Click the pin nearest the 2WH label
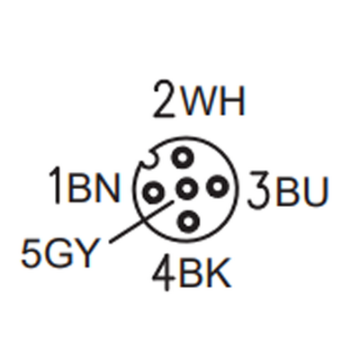click(182, 157)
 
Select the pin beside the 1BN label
click(153, 193)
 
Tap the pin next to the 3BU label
click(218, 186)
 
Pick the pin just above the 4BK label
click(188, 221)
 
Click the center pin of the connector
click(186, 189)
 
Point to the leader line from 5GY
click(141, 221)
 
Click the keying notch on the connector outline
click(148, 160)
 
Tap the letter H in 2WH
click(233, 99)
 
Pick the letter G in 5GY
click(58, 251)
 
